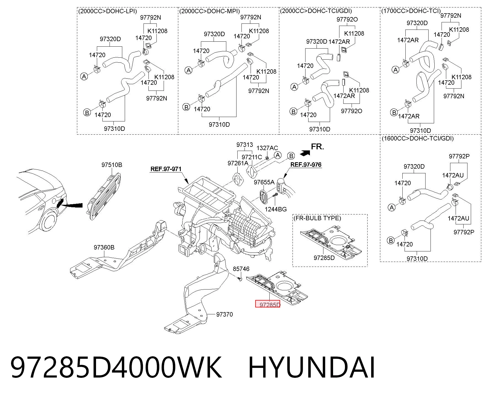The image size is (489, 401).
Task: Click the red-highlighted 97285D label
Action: click(x=268, y=304)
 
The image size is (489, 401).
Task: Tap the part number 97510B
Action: click(x=111, y=165)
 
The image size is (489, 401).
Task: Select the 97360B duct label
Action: click(x=104, y=247)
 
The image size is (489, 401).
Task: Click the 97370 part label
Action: click(x=224, y=314)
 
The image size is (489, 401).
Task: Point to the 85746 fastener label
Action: click(x=241, y=269)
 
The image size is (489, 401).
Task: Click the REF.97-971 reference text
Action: click(x=166, y=169)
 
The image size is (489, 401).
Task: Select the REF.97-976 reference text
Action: click(x=306, y=165)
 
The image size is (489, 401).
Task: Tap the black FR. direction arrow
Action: click(x=305, y=152)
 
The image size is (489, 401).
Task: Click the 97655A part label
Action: click(x=264, y=182)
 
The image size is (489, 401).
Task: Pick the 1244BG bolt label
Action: click(x=276, y=209)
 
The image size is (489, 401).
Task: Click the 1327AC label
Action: click(x=267, y=148)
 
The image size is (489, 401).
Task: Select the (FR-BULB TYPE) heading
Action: click(x=317, y=218)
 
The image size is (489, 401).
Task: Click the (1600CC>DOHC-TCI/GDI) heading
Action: click(x=418, y=138)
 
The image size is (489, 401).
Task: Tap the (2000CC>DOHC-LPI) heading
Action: click(x=108, y=11)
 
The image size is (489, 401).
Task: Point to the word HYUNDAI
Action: click(x=312, y=367)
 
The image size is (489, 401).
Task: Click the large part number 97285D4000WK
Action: click(x=116, y=367)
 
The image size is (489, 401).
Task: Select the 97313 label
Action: click(x=244, y=145)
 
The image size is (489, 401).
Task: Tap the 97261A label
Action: click(x=238, y=163)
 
